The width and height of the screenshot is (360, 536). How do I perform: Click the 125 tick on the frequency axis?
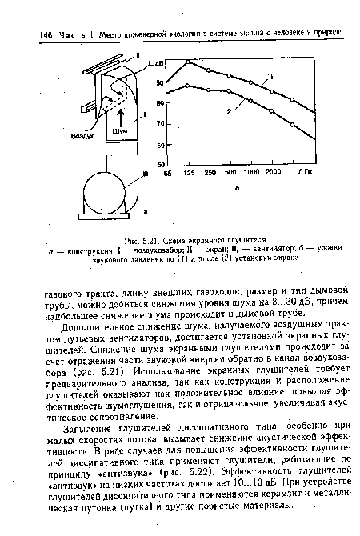[189, 171]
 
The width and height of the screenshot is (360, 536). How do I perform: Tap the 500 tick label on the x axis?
[230, 171]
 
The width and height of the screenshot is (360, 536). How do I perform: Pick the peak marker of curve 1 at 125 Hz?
[188, 62]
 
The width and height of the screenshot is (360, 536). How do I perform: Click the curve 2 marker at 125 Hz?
[188, 86]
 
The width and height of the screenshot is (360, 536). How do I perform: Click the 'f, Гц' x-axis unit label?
[302, 171]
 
